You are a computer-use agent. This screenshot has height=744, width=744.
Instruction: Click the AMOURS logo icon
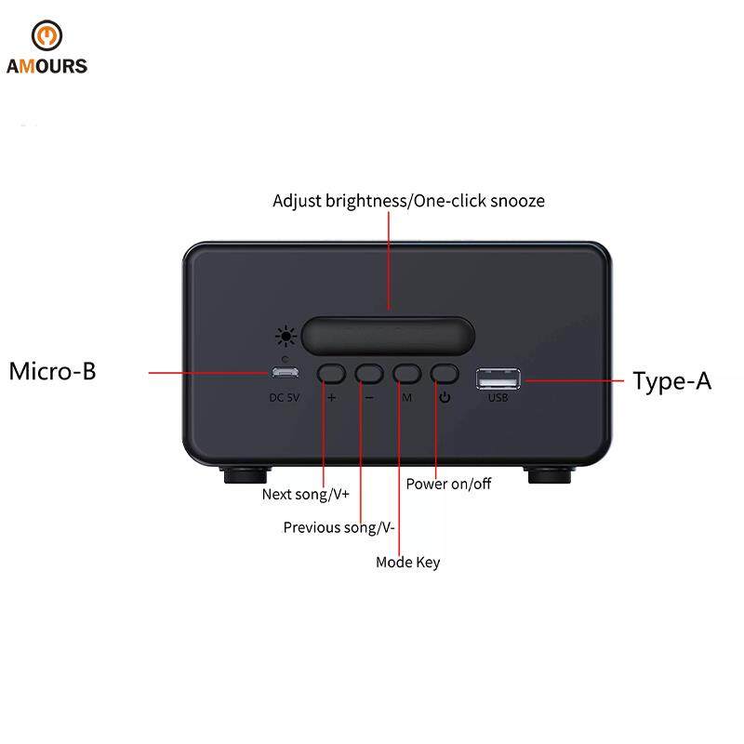(x=46, y=35)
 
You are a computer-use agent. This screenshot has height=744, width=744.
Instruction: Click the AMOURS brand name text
(x=47, y=66)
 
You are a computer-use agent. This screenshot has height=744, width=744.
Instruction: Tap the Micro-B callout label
(x=53, y=371)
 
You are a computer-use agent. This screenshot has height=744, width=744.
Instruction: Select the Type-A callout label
(x=671, y=381)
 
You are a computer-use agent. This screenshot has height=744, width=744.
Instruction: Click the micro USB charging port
(x=285, y=372)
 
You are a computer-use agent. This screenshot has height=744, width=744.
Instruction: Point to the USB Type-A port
(x=498, y=379)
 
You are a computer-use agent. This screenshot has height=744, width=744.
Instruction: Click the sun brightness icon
(x=286, y=337)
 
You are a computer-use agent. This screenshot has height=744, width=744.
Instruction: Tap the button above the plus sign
(x=331, y=374)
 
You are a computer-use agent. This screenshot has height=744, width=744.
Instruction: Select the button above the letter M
(x=407, y=374)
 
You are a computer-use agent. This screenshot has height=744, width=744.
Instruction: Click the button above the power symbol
(x=445, y=374)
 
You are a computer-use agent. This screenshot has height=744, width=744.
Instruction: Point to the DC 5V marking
(x=285, y=398)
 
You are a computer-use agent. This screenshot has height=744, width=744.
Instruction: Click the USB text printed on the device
(x=498, y=398)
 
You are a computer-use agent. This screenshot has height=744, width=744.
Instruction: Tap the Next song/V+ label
(x=306, y=495)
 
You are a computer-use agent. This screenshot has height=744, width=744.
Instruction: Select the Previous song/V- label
(x=339, y=527)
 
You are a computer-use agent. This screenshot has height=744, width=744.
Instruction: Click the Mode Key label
(x=408, y=563)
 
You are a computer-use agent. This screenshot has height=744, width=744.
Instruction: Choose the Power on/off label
(x=448, y=484)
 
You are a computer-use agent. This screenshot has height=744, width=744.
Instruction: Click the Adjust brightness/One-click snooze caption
(x=408, y=201)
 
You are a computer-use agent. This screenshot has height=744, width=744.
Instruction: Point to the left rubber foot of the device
(x=246, y=474)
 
